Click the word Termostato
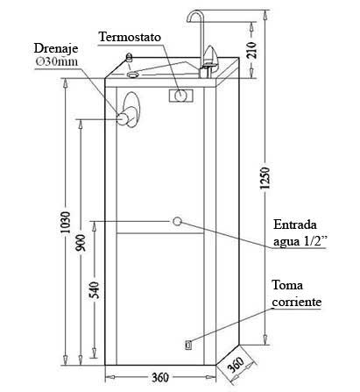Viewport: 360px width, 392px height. pyautogui.click(x=130, y=37)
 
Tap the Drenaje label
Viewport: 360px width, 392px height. pyautogui.click(x=56, y=48)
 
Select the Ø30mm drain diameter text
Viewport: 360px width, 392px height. pyautogui.click(x=57, y=61)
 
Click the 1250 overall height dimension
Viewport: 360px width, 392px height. pyautogui.click(x=265, y=178)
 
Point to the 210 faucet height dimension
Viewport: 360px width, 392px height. pyautogui.click(x=251, y=50)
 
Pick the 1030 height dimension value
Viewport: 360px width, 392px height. pyautogui.click(x=66, y=222)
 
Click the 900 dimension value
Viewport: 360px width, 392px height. pyautogui.click(x=81, y=243)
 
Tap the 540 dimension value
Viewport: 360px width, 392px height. pyautogui.click(x=95, y=290)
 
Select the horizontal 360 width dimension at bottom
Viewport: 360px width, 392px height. pyautogui.click(x=160, y=377)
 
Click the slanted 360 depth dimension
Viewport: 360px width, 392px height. pyautogui.click(x=236, y=365)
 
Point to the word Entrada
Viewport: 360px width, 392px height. pyautogui.click(x=295, y=225)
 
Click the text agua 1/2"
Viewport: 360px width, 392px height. pyautogui.click(x=300, y=242)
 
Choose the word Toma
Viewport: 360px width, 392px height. pyautogui.click(x=287, y=285)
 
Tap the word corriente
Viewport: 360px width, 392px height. pyautogui.click(x=297, y=302)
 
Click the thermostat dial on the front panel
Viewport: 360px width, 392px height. pyautogui.click(x=181, y=96)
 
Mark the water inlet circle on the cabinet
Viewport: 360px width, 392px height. pyautogui.click(x=177, y=221)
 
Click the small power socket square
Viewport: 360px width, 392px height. pyautogui.click(x=188, y=346)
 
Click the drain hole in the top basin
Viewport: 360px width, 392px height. pyautogui.click(x=133, y=75)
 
